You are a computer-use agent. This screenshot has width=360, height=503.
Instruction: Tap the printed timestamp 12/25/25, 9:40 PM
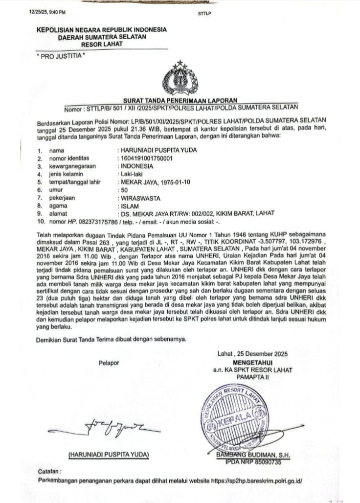point(47,12)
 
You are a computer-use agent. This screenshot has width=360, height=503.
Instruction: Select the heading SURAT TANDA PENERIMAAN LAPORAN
point(180,100)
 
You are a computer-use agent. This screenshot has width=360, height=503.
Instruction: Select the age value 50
point(124,189)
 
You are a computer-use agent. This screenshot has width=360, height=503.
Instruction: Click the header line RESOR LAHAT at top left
point(102,44)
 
